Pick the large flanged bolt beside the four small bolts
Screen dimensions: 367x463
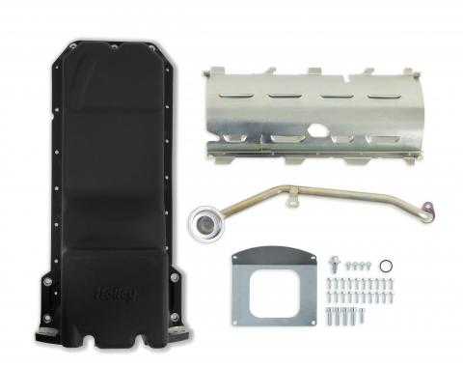coord(334,263)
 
